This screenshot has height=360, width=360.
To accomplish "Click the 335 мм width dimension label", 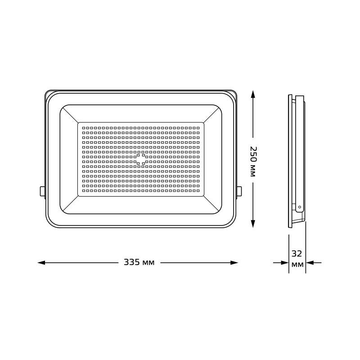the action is click(139, 262).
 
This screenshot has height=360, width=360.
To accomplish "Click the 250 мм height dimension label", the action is click(252, 161).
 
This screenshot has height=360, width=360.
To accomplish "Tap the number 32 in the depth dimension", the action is click(297, 254).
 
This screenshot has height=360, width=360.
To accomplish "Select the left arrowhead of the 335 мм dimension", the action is click(41, 263).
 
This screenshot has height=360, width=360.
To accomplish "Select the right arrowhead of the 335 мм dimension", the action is click(234, 263).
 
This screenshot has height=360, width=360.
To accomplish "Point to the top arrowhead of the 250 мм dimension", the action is click(253, 94).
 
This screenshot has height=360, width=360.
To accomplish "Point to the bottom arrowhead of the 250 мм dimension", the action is click(253, 224).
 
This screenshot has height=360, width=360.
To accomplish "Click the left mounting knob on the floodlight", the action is click(42, 192).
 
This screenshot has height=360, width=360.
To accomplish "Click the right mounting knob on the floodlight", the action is click(239, 192).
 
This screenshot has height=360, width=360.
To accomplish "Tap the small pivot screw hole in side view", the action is click(299, 207).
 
